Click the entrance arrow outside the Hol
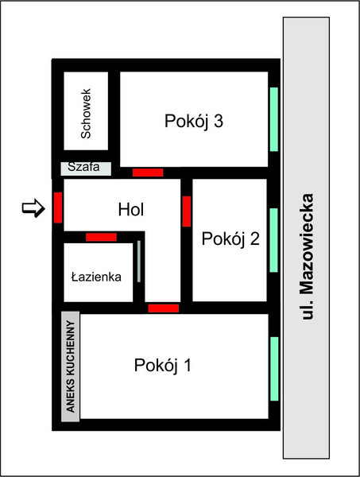tap(33, 208)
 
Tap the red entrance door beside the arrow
tap(58, 207)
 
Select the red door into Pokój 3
tap(148, 173)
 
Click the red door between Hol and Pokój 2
tap(187, 211)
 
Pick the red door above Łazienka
tap(101, 237)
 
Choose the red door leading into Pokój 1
tap(164, 308)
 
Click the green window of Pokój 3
tap(274, 119)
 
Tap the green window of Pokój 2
tap(273, 240)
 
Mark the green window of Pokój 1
tap(274, 369)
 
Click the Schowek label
tap(86, 114)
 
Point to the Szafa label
tap(83, 167)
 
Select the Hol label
tap(131, 210)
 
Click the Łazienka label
tap(96, 277)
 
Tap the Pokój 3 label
tap(194, 121)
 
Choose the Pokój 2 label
tap(230, 238)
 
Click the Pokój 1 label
tap(163, 365)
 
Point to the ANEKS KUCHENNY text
tap(70, 366)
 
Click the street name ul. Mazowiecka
tap(307, 257)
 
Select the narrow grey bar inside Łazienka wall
tap(139, 262)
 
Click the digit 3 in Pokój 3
tap(219, 121)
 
